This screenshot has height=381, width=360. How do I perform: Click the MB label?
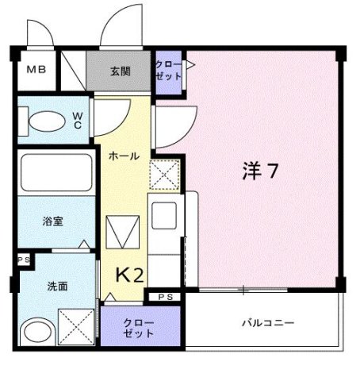pyautogui.click(x=36, y=69)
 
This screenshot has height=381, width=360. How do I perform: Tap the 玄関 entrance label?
pyautogui.click(x=121, y=71)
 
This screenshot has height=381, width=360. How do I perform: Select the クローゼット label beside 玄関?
pyautogui.click(x=168, y=70)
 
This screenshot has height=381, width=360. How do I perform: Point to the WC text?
pyautogui.click(x=79, y=120)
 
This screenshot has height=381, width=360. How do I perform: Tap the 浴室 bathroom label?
pyautogui.click(x=54, y=221)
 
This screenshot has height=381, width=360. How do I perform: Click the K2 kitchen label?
pyautogui.click(x=131, y=275)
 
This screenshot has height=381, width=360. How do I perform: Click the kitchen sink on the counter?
pyautogui.click(x=167, y=215)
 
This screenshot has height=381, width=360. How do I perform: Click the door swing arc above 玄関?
pyautogui.click(x=121, y=24)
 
